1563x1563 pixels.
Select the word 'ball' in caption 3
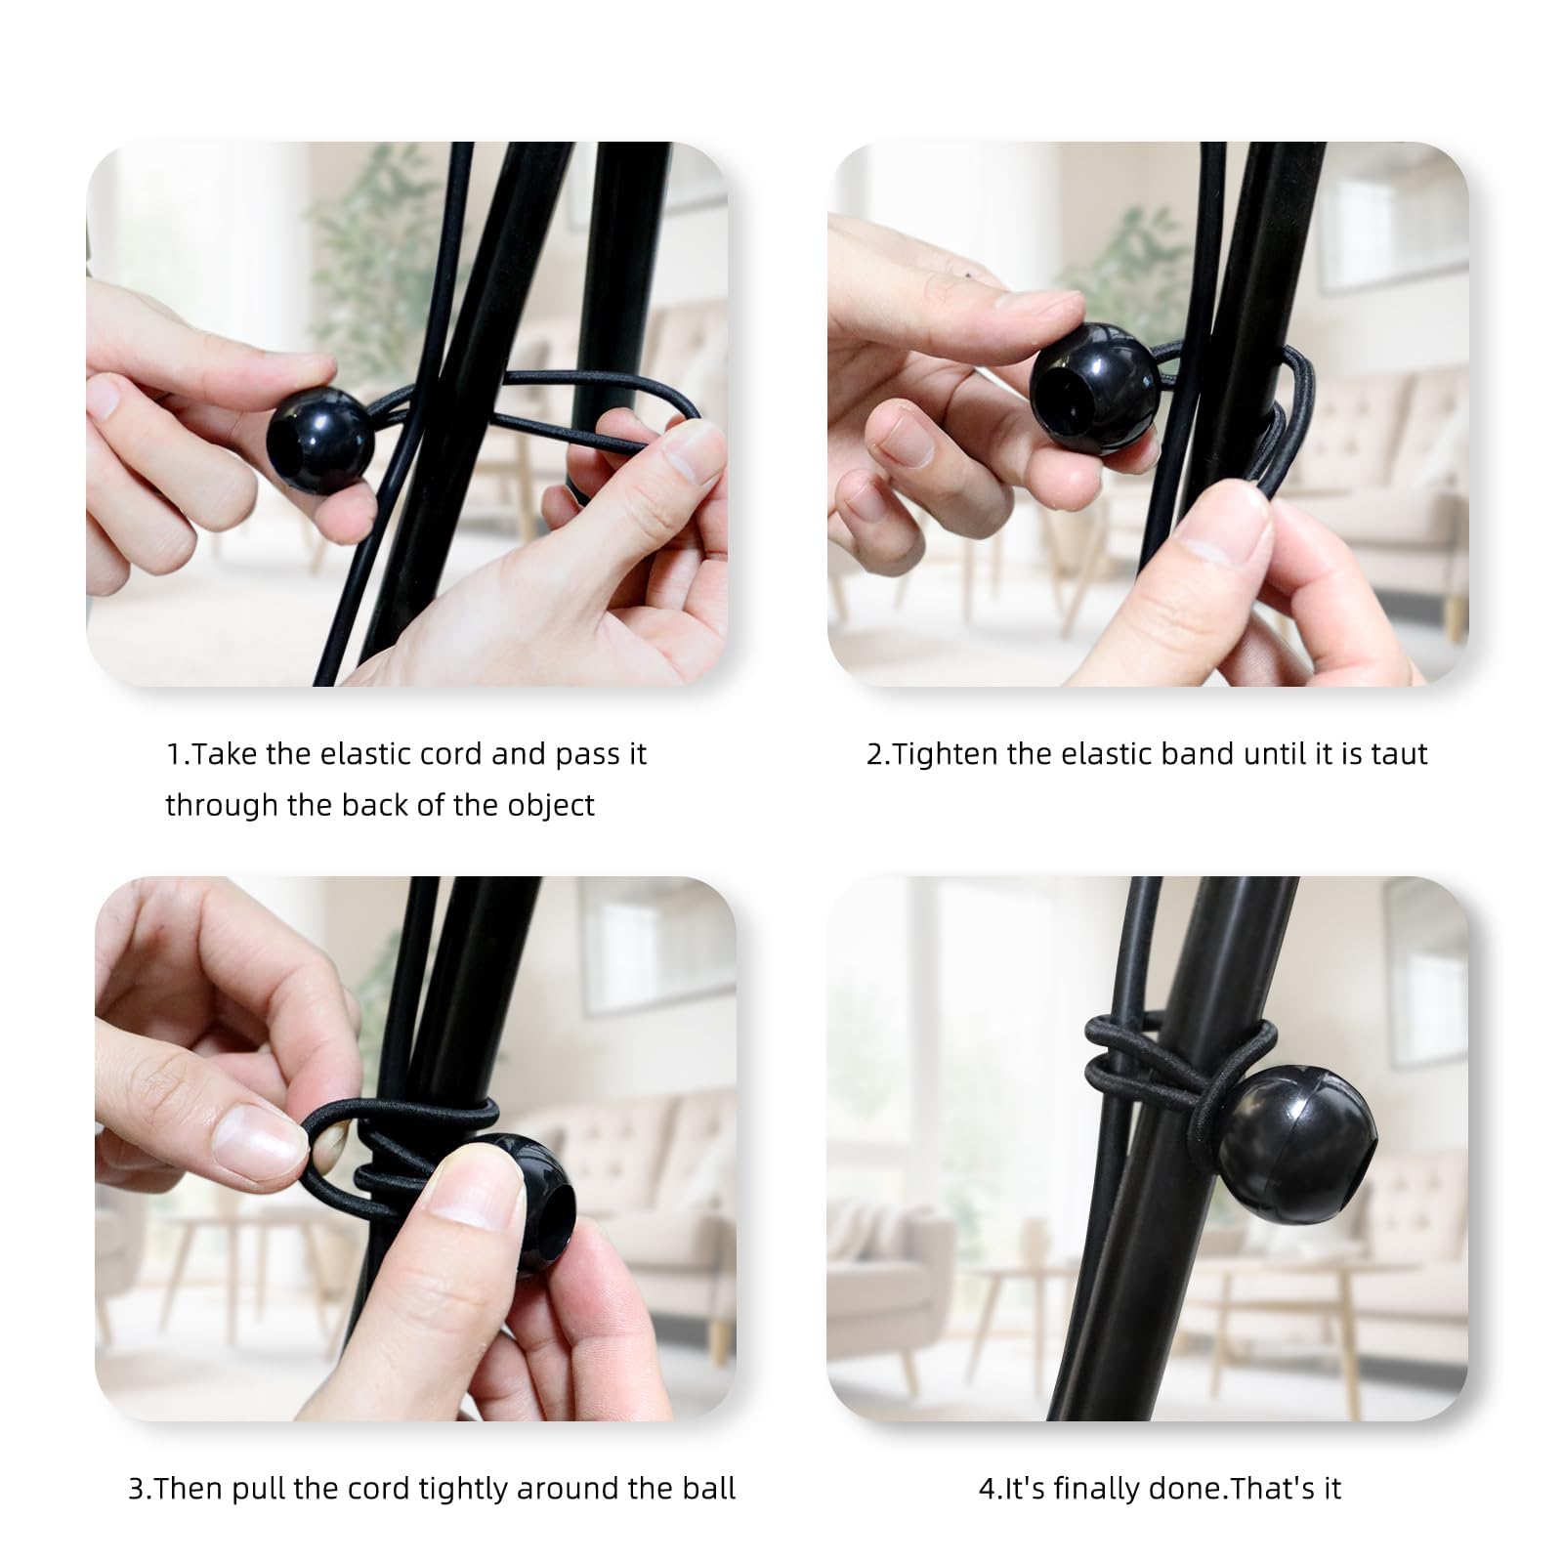click(x=707, y=1489)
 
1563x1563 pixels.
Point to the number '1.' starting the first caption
click(x=176, y=754)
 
